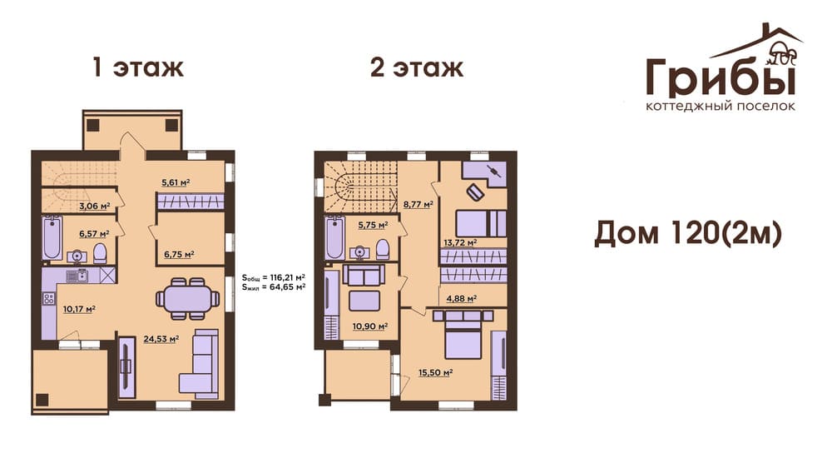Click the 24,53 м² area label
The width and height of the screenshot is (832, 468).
[x=161, y=339]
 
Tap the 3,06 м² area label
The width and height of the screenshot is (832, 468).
[x=95, y=207]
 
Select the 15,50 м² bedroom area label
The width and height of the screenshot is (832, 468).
[x=436, y=373]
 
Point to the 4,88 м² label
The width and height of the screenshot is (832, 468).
[x=461, y=299]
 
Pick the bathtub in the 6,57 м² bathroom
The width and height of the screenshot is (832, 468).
[x=52, y=237]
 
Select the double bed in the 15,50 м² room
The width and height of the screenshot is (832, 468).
[x=463, y=335]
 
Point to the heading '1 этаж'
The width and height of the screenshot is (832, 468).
[x=138, y=67]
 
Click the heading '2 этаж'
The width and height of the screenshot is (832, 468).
[x=417, y=67]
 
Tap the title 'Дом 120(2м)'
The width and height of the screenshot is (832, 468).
[x=688, y=233]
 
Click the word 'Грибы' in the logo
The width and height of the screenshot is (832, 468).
[x=721, y=77]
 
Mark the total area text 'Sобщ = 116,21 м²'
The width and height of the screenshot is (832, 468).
[x=273, y=277]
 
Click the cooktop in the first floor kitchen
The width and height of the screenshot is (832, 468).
[x=49, y=299]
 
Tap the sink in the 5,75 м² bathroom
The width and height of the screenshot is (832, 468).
[x=359, y=251]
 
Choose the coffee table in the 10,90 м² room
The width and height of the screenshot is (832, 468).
[x=364, y=301]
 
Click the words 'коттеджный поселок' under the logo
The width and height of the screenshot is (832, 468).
[x=721, y=107]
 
